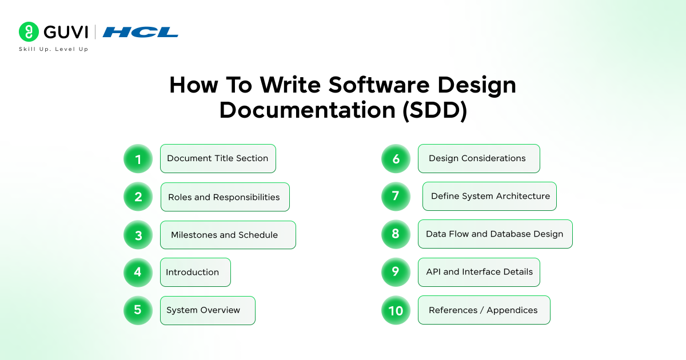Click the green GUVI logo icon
(x=29, y=32)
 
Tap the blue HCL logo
(x=140, y=32)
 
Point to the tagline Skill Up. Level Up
(x=54, y=49)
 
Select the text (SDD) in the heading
(x=435, y=110)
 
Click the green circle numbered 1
(x=138, y=159)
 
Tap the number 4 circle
(x=138, y=272)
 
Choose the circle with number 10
(x=396, y=310)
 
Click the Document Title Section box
(x=218, y=158)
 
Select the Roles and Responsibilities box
(x=225, y=197)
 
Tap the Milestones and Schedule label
(x=228, y=235)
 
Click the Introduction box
(x=195, y=272)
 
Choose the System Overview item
(x=207, y=310)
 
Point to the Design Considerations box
(x=478, y=158)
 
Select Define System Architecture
(x=489, y=196)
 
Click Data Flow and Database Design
(x=494, y=234)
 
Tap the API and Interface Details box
(x=478, y=272)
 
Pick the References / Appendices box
(x=484, y=310)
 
